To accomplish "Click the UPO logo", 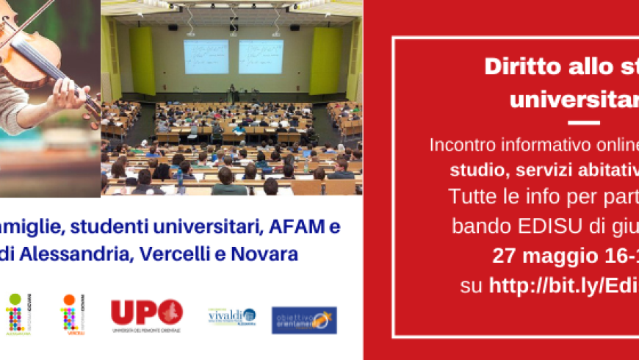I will click(146, 314).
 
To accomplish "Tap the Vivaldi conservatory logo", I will click(231, 317).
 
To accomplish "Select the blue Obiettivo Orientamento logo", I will click(304, 320).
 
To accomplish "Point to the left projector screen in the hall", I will click(205, 56).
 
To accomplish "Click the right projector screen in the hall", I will click(260, 56).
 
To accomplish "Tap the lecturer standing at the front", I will click(234, 93).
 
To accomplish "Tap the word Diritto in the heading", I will click(515, 66).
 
